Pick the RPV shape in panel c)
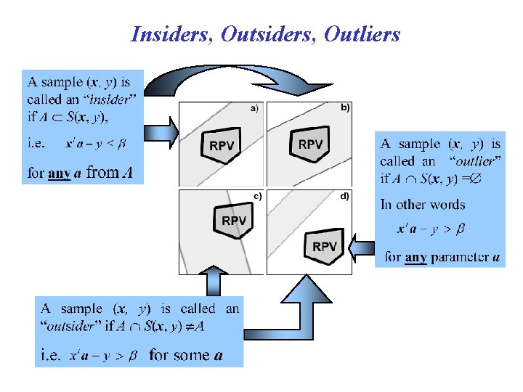tap(234, 220)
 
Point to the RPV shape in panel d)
tap(325, 246)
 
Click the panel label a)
tap(255, 109)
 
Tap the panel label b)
tap(344, 107)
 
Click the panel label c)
tap(257, 195)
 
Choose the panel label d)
tap(344, 195)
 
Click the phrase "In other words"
tap(422, 204)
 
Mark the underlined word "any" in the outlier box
tap(415, 256)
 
